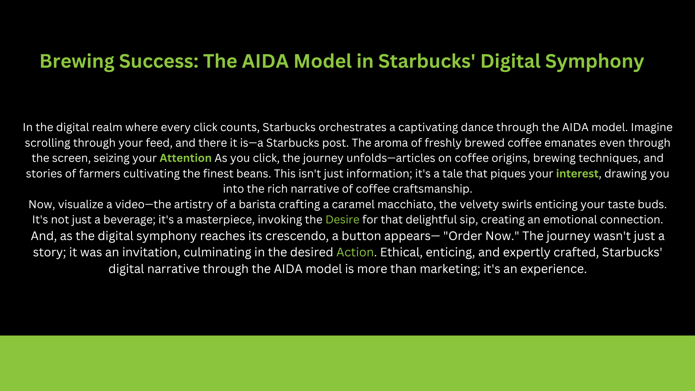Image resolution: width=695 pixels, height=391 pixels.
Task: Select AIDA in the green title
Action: click(265, 61)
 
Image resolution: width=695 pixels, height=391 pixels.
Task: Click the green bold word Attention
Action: click(185, 158)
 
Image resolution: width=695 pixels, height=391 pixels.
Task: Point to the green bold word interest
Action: click(577, 173)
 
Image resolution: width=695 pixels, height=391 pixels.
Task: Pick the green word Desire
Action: click(342, 219)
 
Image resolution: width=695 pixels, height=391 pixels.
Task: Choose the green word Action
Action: click(355, 252)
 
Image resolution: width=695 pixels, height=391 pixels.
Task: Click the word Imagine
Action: click(652, 127)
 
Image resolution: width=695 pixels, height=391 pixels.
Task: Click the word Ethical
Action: click(401, 252)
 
